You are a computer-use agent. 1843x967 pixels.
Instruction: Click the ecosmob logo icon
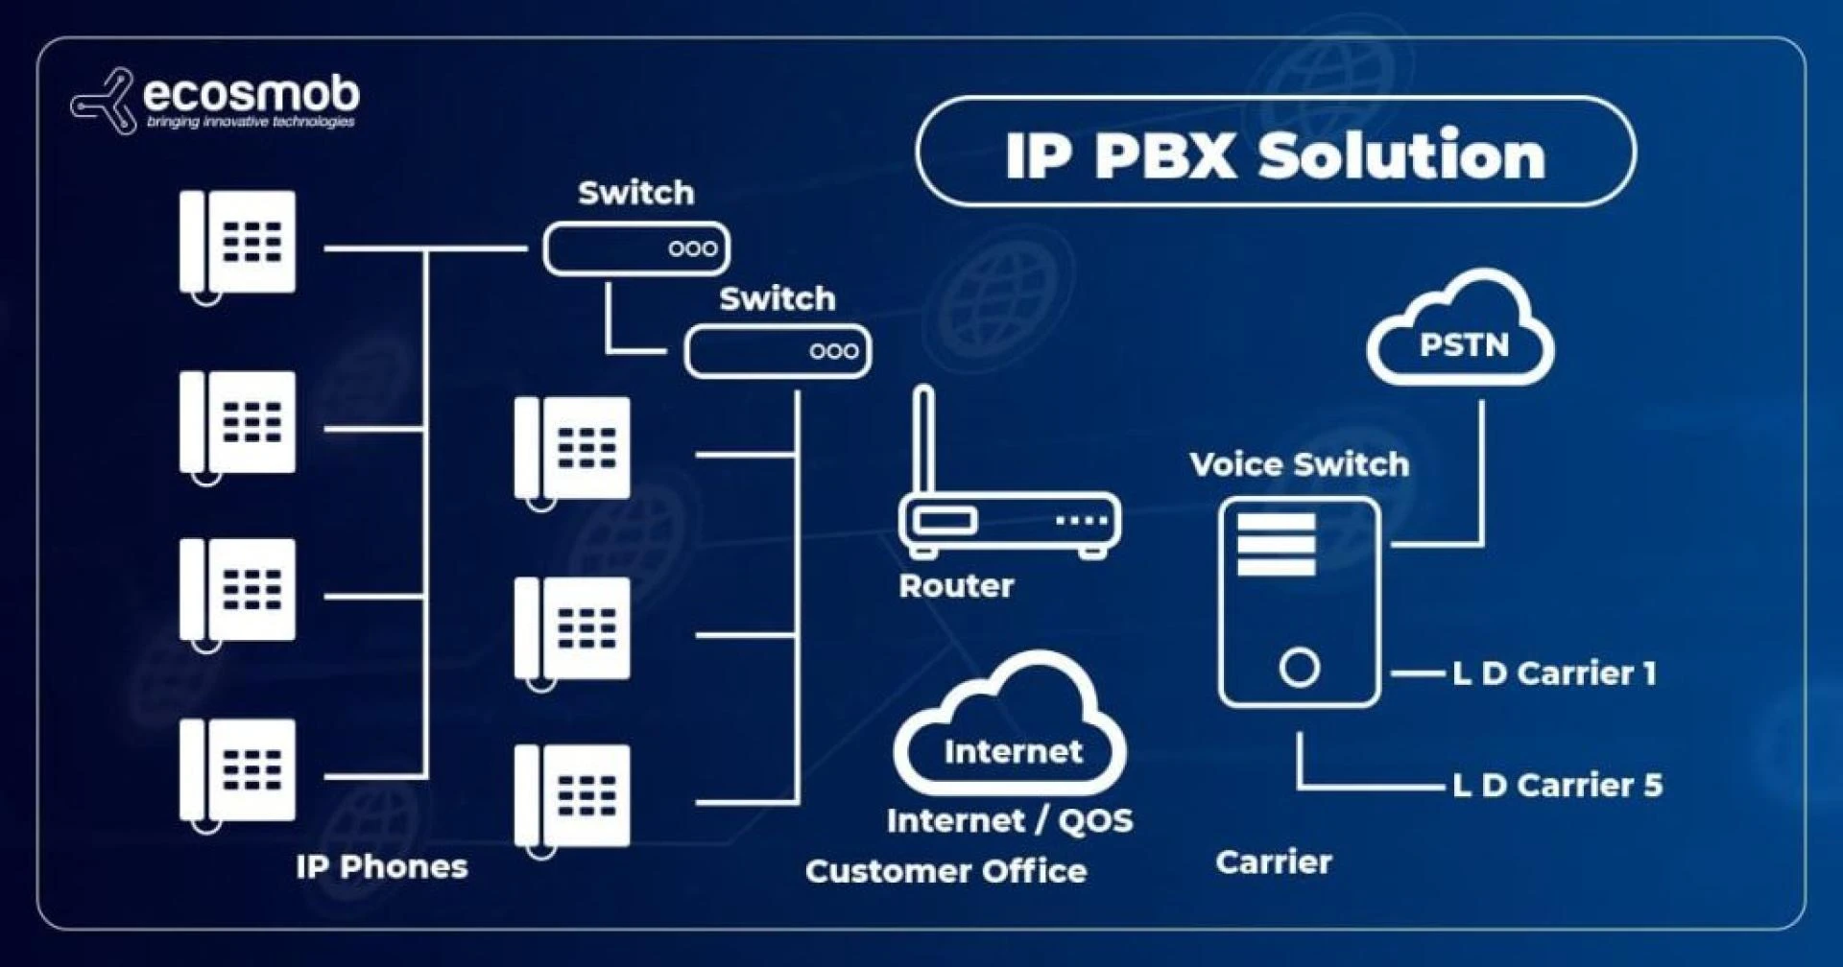[103, 101]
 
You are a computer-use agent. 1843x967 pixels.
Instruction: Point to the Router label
[956, 585]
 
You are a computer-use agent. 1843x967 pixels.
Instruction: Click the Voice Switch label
[1299, 464]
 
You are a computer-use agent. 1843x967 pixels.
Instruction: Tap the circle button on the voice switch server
[1299, 668]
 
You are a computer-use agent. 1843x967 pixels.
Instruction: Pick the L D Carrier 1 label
[1554, 673]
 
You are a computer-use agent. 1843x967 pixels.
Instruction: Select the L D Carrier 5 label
[1556, 786]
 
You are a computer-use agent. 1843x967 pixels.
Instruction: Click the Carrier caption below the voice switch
[1273, 862]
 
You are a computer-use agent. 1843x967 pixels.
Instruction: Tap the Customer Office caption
[945, 871]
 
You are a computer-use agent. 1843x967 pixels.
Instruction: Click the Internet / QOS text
[1010, 821]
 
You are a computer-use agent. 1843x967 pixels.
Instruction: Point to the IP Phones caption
[381, 867]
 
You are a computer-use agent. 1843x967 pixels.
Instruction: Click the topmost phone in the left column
[238, 244]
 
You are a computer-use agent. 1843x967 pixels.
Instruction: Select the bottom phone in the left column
[238, 771]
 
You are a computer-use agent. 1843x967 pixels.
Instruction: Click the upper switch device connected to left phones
[635, 248]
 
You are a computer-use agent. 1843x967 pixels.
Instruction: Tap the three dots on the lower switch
[833, 351]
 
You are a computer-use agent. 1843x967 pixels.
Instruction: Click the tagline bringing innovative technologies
[251, 123]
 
